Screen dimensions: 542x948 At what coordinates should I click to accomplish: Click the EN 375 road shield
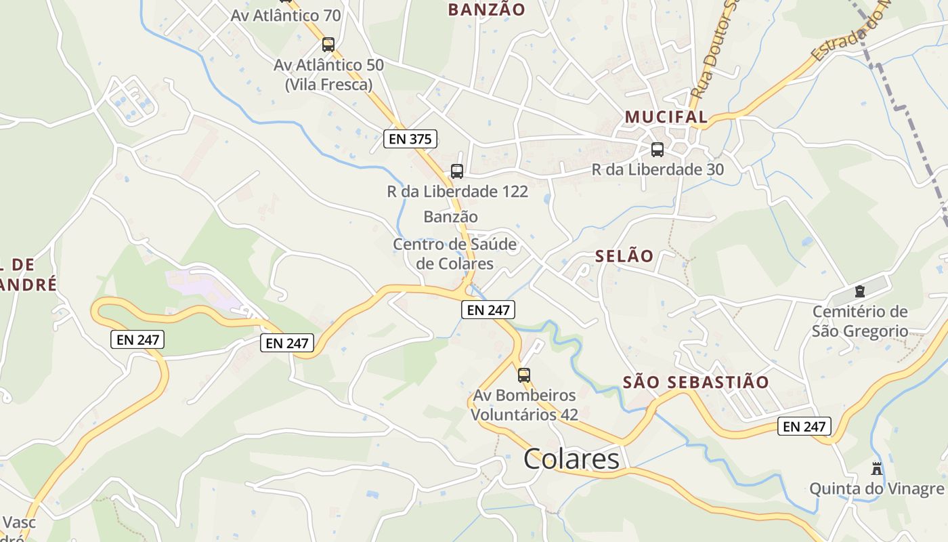(410, 139)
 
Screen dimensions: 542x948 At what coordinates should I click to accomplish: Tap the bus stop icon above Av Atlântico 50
(328, 45)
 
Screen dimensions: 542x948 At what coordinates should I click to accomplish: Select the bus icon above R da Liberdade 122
(457, 171)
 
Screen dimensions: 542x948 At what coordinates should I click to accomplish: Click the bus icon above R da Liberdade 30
(657, 150)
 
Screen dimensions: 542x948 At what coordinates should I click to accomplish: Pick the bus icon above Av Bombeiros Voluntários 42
(524, 375)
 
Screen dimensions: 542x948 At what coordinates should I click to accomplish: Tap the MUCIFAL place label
(666, 117)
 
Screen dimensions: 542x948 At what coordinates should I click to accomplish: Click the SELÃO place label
(624, 256)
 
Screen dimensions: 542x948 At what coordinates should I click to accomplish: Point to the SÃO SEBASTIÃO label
(695, 382)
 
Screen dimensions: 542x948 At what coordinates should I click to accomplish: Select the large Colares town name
(571, 459)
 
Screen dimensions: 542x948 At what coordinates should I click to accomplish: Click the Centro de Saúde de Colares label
(454, 254)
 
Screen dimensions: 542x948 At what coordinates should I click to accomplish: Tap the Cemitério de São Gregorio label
(860, 321)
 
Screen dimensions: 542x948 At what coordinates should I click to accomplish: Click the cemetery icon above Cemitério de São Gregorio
(860, 292)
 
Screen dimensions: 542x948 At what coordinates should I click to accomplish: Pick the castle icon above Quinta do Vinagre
(877, 468)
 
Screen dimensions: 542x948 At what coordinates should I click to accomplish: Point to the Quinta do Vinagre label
(876, 488)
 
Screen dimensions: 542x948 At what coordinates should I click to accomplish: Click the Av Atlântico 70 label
(286, 15)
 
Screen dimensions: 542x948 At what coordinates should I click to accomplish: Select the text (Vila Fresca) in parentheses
(328, 85)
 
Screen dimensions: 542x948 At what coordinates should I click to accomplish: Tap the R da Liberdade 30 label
(658, 169)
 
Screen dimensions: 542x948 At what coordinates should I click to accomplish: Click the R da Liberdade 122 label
(457, 192)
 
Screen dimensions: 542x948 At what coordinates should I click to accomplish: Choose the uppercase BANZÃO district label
(486, 9)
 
